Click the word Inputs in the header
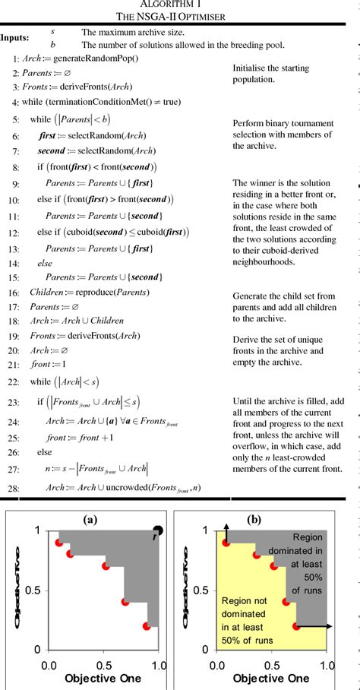tap(16, 36)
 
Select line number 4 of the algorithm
tap(15, 101)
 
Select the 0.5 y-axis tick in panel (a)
tap(27, 590)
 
